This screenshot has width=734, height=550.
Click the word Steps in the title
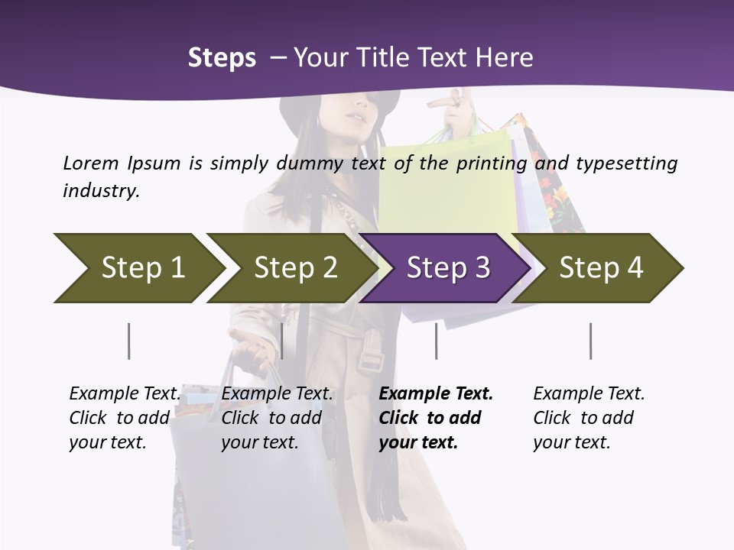(222, 58)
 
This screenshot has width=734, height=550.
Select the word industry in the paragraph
(101, 190)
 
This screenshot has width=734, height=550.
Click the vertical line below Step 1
(129, 341)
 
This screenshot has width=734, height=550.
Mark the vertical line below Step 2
(282, 341)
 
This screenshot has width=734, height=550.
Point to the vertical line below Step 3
(437, 341)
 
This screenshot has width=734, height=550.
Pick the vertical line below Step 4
(591, 341)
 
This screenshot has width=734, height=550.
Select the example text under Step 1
(125, 418)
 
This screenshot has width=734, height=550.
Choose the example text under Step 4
(589, 418)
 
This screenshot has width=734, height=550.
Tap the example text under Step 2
(277, 418)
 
